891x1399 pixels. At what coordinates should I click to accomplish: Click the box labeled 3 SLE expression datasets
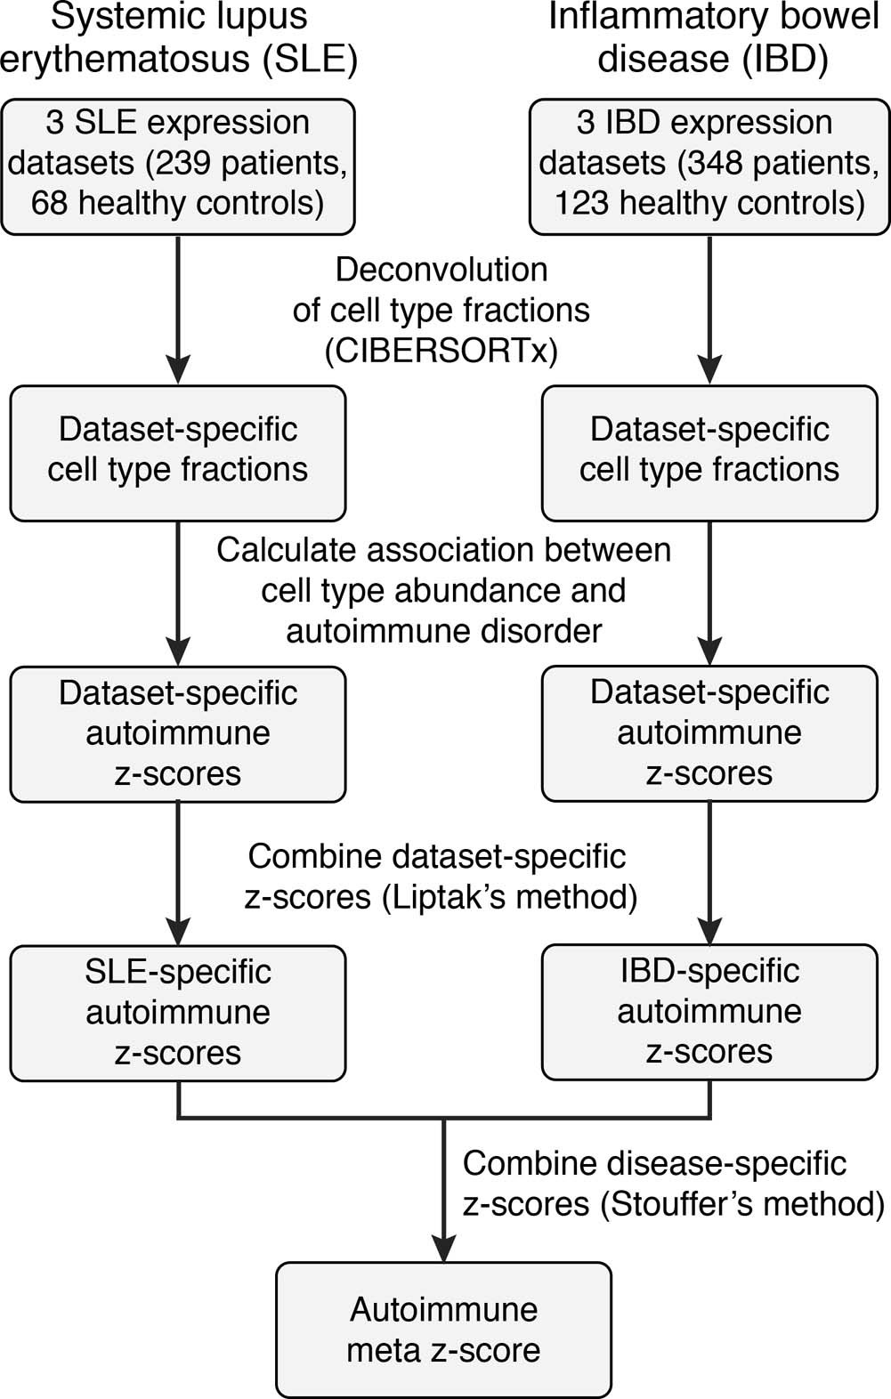pyautogui.click(x=178, y=166)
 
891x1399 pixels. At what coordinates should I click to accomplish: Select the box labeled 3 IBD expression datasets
pyautogui.click(x=709, y=166)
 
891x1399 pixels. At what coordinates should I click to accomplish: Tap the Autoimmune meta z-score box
pyautogui.click(x=443, y=1330)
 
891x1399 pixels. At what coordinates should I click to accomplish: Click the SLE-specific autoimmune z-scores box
pyautogui.click(x=178, y=1013)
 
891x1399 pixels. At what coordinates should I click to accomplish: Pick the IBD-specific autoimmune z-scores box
pyautogui.click(x=709, y=1012)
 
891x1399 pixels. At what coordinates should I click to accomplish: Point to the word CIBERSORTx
pyautogui.click(x=441, y=352)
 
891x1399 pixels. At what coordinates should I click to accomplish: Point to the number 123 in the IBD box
pyautogui.click(x=583, y=204)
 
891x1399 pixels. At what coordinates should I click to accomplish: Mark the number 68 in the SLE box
pyautogui.click(x=50, y=204)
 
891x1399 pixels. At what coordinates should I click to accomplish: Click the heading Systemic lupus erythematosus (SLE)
pyautogui.click(x=178, y=37)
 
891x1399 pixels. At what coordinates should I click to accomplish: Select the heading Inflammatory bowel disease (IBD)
pyautogui.click(x=712, y=37)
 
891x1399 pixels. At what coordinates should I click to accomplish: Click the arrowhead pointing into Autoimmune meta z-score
pyautogui.click(x=443, y=1246)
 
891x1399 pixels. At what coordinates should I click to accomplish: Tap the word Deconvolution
pyautogui.click(x=441, y=270)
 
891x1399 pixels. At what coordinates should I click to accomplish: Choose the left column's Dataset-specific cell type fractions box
pyautogui.click(x=178, y=452)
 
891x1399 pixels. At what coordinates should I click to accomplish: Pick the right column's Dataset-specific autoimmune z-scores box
pyautogui.click(x=709, y=732)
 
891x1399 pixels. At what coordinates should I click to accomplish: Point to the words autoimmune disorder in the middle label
pyautogui.click(x=443, y=632)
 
